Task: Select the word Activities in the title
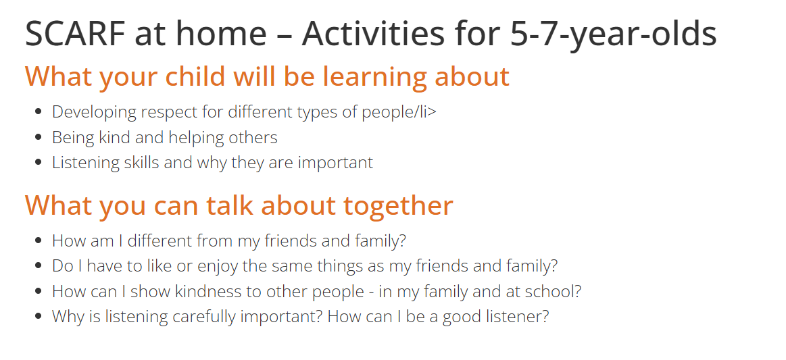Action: pos(373,34)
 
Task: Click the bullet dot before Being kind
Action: pos(39,137)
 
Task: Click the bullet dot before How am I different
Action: pos(39,240)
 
